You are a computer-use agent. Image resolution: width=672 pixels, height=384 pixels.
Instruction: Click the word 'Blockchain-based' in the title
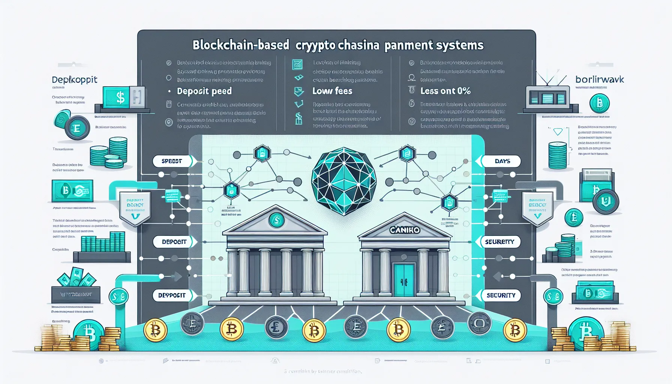pos(241,45)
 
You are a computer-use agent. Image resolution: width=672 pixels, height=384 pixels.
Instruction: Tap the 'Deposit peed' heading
pos(204,91)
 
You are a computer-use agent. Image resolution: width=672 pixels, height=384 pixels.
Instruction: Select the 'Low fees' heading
pos(332,91)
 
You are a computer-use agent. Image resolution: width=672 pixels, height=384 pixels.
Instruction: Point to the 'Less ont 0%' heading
pos(445,91)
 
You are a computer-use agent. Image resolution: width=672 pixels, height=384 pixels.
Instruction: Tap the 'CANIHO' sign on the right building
pos(405,230)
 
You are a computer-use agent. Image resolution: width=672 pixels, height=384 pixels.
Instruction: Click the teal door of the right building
pos(404,280)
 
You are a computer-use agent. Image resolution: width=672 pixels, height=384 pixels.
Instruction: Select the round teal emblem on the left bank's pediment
pos(276,220)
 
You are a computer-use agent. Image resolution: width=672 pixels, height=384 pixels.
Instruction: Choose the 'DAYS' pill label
pos(502,161)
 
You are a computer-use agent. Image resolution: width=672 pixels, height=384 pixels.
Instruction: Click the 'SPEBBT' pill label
pos(172,161)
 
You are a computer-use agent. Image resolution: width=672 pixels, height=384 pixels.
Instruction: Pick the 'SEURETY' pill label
pos(499,242)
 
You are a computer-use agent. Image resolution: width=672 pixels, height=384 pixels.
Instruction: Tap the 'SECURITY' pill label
pos(501,295)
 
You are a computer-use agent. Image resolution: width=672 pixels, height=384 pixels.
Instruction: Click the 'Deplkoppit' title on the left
pos(75,79)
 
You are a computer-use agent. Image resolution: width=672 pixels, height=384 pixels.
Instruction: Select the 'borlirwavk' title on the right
pos(600,79)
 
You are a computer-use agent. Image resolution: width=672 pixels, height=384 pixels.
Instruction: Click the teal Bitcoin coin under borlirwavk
pos(599,103)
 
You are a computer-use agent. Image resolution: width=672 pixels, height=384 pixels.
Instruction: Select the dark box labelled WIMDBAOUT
pos(76,295)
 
